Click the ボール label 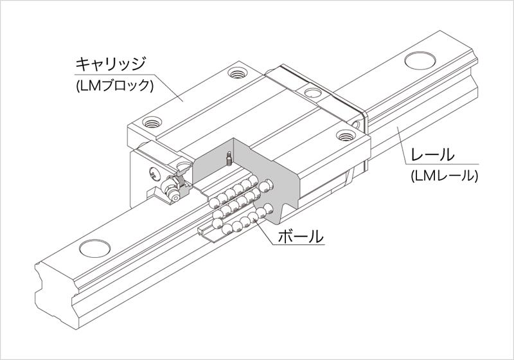[300, 236]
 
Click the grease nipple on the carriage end [172, 190]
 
